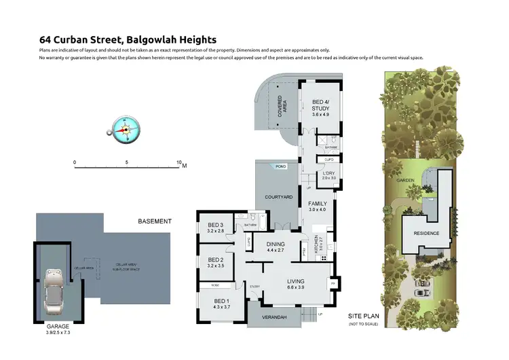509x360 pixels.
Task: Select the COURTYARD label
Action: coord(278,197)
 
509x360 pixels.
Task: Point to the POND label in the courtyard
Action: coord(280,166)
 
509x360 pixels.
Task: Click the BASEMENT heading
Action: coord(155,221)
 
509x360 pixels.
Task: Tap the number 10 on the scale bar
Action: coord(178,163)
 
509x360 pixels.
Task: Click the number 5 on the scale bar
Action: coord(127,163)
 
